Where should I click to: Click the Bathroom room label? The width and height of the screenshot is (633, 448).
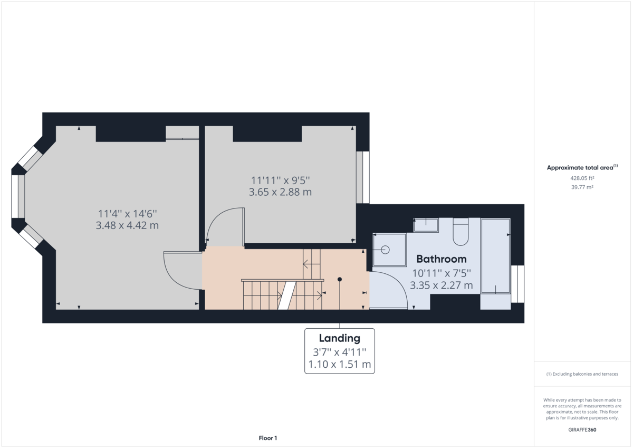coord(442,259)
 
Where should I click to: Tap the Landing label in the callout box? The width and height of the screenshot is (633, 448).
coord(339,338)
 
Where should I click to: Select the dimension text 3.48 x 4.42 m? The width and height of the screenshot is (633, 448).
coord(127,225)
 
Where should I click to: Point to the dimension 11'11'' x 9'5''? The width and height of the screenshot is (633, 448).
coord(280,180)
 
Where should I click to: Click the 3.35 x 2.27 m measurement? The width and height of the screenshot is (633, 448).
coord(442,285)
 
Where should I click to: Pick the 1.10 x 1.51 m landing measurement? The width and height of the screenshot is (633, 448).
coord(339,364)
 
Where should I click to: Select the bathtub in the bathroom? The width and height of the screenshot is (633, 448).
coord(496,255)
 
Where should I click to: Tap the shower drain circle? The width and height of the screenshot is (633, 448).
coord(385,250)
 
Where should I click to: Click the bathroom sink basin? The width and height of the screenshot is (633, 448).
coord(426,225)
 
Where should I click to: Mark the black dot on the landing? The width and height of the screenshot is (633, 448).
coord(340,279)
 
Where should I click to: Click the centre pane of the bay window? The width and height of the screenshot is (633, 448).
coord(18,196)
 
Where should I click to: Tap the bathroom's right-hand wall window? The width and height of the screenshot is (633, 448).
coord(517,284)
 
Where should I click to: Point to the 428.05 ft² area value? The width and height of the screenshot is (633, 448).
coord(582,178)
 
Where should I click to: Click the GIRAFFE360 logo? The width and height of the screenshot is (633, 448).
coord(582,430)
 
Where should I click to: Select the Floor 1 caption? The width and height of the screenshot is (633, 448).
coord(268,438)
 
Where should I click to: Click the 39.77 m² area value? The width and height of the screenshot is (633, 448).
coord(582,187)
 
